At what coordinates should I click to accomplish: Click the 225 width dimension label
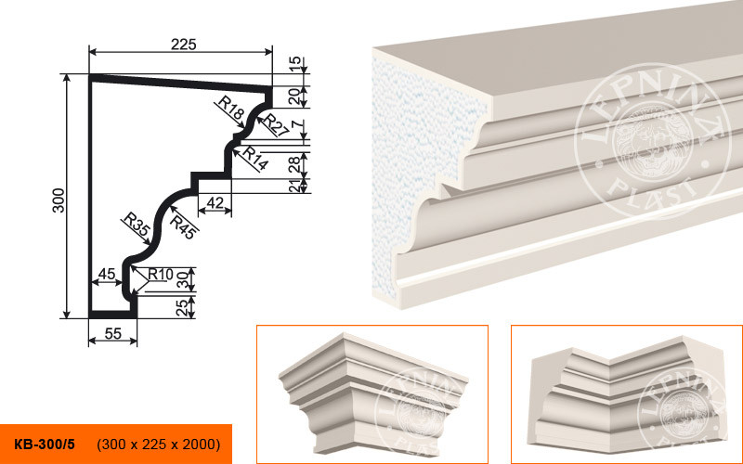tap(183, 45)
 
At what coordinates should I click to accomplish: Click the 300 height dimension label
tap(59, 200)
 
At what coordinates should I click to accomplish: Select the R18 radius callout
tap(231, 108)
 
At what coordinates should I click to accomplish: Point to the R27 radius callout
tap(275, 125)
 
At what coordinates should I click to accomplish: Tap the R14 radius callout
tap(255, 158)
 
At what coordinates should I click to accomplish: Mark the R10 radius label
tap(161, 274)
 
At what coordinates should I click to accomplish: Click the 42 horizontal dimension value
tap(215, 202)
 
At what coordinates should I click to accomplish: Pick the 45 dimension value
tap(107, 274)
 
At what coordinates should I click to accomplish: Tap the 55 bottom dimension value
tap(112, 334)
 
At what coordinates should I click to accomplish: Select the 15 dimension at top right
tap(294, 62)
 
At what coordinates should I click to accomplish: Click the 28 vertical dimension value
tap(294, 164)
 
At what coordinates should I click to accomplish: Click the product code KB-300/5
tap(45, 445)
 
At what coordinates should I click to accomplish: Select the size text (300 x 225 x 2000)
tap(159, 445)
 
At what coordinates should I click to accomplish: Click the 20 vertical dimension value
tap(294, 97)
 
